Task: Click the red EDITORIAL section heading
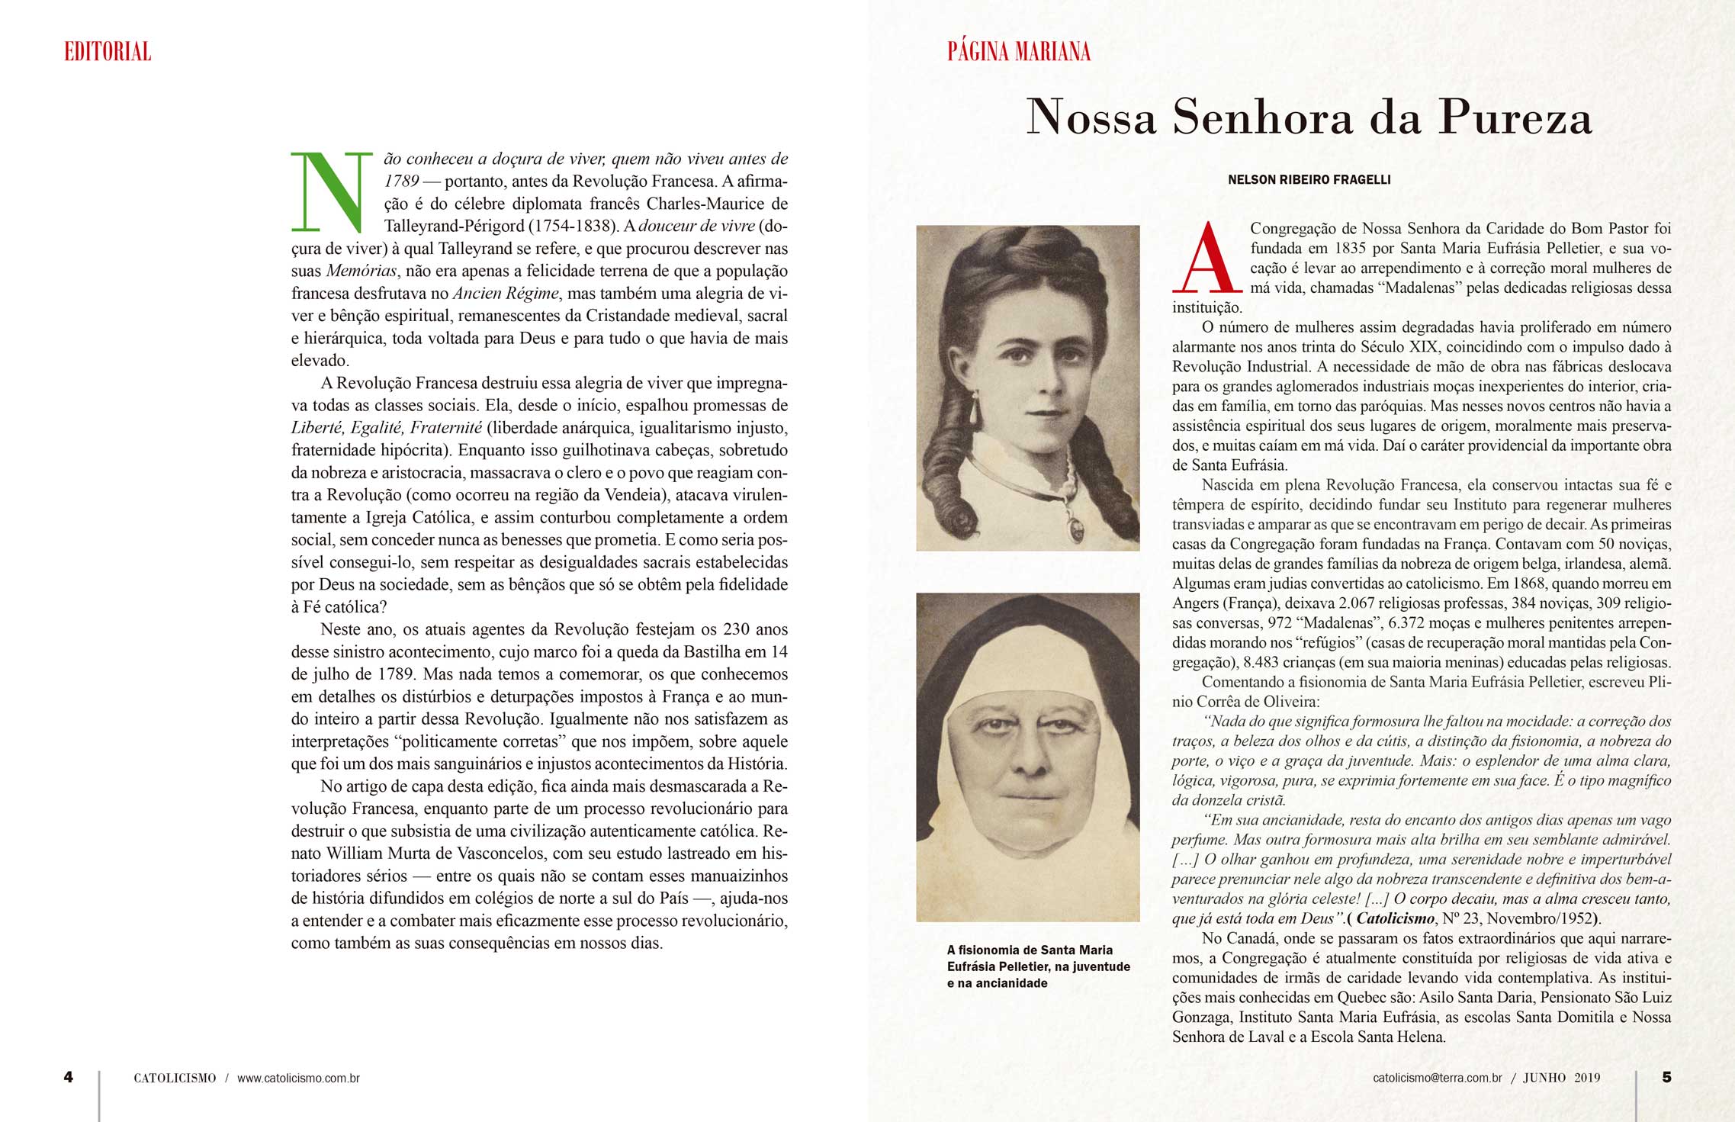108,52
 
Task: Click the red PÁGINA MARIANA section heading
1018,52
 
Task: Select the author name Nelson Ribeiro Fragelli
1309,180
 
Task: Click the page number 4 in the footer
69,1077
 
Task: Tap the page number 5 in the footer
1666,1077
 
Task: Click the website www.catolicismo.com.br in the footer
298,1079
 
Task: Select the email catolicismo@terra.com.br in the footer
1437,1078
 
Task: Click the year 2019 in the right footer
1587,1078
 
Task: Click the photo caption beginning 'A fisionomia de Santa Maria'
1038,966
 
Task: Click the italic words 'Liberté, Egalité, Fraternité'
387,428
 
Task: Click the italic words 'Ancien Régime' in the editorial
506,294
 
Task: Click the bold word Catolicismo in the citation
1395,918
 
